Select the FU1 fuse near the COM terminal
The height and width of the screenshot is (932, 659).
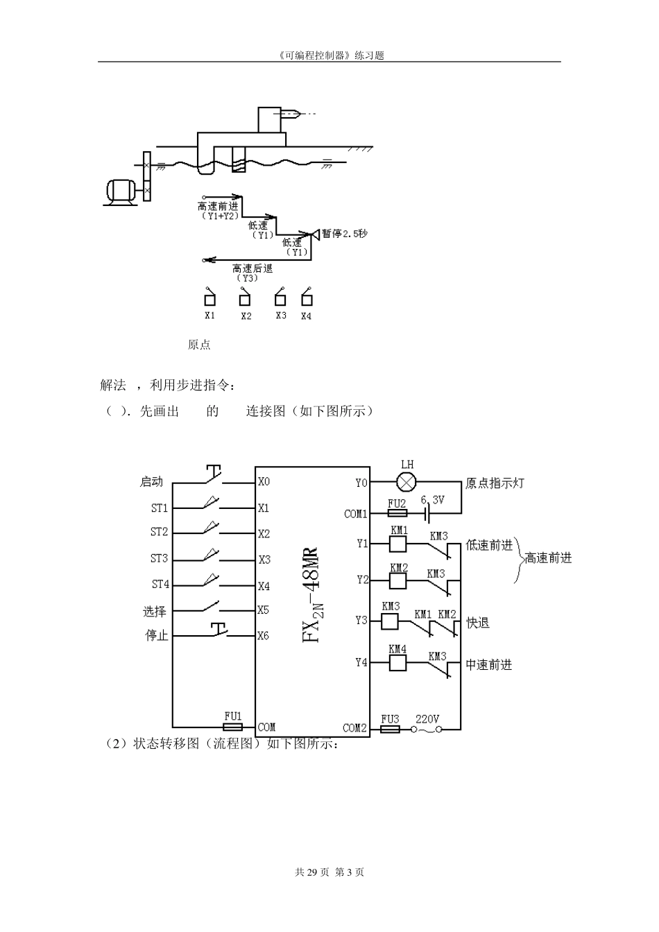click(232, 726)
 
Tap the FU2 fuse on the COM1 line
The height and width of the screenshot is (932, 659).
click(396, 514)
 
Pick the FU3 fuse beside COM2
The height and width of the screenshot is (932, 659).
click(390, 729)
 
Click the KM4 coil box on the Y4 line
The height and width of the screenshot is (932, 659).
click(397, 662)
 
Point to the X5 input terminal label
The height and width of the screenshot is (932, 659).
click(263, 610)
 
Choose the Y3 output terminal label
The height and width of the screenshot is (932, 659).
click(361, 620)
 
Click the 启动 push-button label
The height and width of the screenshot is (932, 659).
click(151, 481)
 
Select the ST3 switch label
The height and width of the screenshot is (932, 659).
click(159, 558)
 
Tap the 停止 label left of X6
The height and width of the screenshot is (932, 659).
click(156, 635)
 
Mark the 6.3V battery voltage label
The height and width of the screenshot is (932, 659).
click(432, 499)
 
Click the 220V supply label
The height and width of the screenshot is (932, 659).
click(427, 719)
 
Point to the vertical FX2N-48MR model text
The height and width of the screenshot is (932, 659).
click(311, 595)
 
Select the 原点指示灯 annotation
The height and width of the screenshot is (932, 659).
click(495, 483)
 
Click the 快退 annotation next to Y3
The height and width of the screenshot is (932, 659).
click(478, 623)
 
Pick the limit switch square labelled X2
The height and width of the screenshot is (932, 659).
click(244, 300)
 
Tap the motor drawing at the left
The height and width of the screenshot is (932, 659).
click(121, 191)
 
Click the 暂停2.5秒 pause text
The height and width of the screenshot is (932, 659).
click(344, 234)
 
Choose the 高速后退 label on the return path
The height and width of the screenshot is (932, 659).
click(253, 268)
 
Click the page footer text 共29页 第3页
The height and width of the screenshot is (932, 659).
click(329, 872)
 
